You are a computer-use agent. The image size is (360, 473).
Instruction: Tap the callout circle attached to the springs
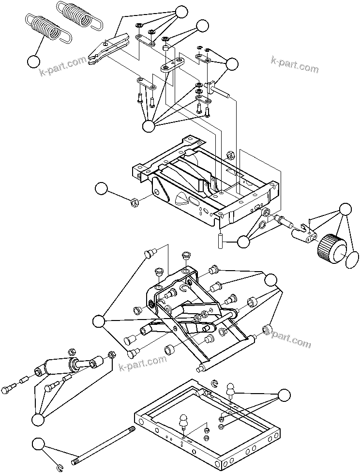[x=34, y=61]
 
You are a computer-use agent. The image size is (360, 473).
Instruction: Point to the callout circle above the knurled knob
[x=345, y=209]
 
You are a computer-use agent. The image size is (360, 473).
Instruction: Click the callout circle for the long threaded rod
[x=39, y=444]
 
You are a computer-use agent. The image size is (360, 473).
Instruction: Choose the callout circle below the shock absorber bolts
[x=38, y=420]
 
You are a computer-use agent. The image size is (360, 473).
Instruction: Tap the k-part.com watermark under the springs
[x=63, y=68]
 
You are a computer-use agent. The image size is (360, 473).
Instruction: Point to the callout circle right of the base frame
[x=285, y=395]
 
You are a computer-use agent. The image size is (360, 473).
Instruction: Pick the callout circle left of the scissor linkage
[x=100, y=321]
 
